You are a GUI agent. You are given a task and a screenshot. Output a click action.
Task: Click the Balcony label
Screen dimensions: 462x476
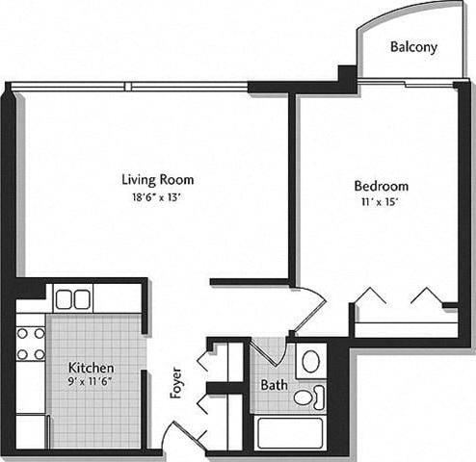coord(414,46)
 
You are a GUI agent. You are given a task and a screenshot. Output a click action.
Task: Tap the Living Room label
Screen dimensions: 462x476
coord(157,179)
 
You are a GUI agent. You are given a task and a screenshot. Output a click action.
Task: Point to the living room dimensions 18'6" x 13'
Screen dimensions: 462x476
coord(157,196)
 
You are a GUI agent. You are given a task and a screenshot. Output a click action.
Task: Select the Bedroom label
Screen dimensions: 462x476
coord(381,186)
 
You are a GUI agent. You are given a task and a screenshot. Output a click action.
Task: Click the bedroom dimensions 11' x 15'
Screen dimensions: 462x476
coord(381,202)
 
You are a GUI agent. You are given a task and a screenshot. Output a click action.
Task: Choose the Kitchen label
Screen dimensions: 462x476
coord(92,369)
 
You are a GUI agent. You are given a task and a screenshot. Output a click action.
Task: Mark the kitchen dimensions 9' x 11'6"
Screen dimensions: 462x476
coord(92,384)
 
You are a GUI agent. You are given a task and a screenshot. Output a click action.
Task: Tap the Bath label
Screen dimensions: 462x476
coord(274,386)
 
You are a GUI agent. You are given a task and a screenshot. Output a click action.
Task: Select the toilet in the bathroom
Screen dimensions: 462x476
coord(307,396)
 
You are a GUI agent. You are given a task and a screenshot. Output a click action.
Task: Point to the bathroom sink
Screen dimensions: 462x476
coord(310,362)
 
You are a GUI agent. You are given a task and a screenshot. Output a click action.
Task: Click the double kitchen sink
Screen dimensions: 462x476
coord(72,299)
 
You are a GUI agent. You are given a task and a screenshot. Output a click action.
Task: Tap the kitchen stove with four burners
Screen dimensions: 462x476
coord(31,344)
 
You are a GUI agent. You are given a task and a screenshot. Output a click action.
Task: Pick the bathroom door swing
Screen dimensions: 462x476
coord(266,352)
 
